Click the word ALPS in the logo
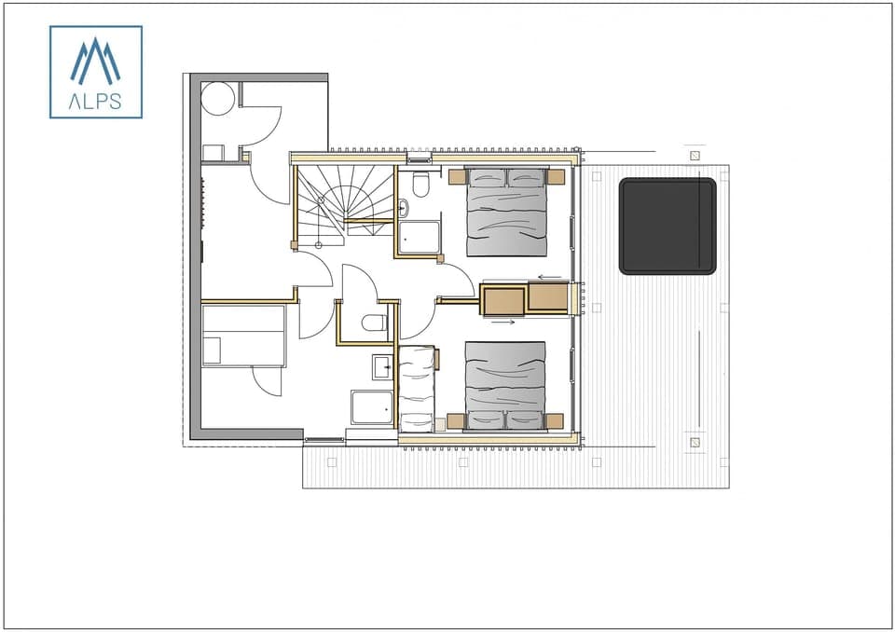click(95, 102)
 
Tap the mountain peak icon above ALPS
click(95, 62)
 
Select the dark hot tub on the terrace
click(668, 227)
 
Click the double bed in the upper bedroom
click(506, 212)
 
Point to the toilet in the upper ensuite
click(420, 185)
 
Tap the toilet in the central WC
click(374, 323)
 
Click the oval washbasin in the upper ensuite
click(403, 208)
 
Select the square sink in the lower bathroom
click(383, 366)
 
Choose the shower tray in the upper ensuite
click(420, 237)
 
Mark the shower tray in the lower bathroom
click(371, 407)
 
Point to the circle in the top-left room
click(218, 99)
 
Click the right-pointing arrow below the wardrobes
click(503, 323)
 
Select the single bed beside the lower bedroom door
click(417, 388)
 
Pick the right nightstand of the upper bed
click(556, 177)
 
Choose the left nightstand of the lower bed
click(456, 420)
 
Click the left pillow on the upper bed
click(486, 177)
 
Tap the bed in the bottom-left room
click(243, 336)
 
